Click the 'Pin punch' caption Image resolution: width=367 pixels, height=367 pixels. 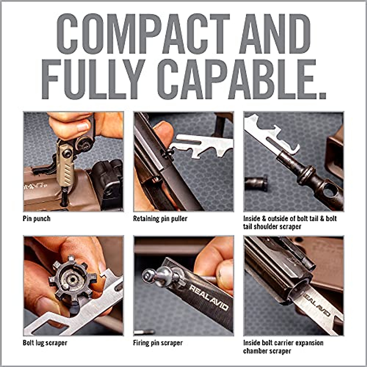coord(37,219)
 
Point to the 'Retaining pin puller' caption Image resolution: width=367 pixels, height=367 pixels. coord(160,219)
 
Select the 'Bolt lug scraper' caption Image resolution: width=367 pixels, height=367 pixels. coord(45,343)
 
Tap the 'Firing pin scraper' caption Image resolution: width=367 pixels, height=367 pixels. coord(158,343)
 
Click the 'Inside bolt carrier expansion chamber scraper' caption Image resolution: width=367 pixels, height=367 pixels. coord(283,347)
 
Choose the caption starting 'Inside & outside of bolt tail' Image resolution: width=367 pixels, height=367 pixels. coord(290,223)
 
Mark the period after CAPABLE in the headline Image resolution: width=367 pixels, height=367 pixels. coord(321,94)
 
